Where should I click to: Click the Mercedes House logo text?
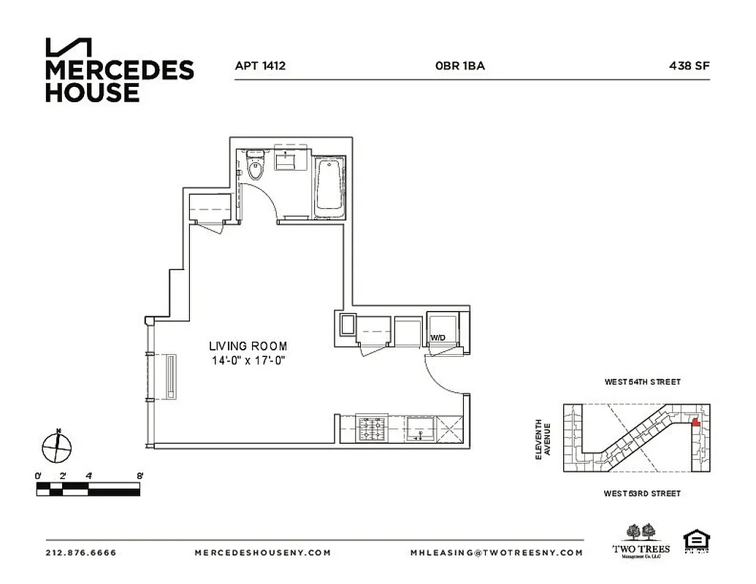(x=119, y=80)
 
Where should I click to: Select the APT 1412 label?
(x=259, y=66)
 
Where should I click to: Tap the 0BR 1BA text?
(x=459, y=66)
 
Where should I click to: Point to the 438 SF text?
(x=689, y=66)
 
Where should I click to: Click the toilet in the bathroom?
(x=255, y=167)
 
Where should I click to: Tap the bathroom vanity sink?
(x=290, y=160)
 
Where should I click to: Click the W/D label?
(x=438, y=338)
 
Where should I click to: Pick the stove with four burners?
(x=373, y=429)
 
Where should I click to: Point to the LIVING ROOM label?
(x=248, y=346)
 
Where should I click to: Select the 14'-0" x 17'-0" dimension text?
(x=248, y=360)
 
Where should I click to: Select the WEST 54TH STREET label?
(x=642, y=382)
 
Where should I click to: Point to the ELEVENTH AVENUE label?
(x=543, y=439)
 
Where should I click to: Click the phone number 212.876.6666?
(x=80, y=553)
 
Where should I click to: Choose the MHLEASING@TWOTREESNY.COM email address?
(x=497, y=553)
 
